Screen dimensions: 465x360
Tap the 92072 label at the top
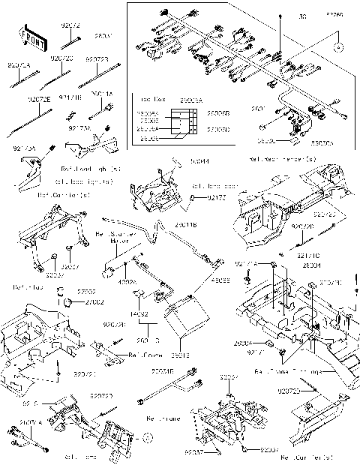[x=69, y=25]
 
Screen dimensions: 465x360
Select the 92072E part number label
[x=39, y=98]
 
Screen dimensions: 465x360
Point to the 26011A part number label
[x=102, y=94]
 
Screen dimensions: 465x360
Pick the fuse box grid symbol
[x=183, y=123]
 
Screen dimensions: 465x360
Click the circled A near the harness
[x=338, y=46]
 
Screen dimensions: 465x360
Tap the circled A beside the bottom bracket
[x=148, y=436]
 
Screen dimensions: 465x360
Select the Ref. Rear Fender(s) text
[x=278, y=160]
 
